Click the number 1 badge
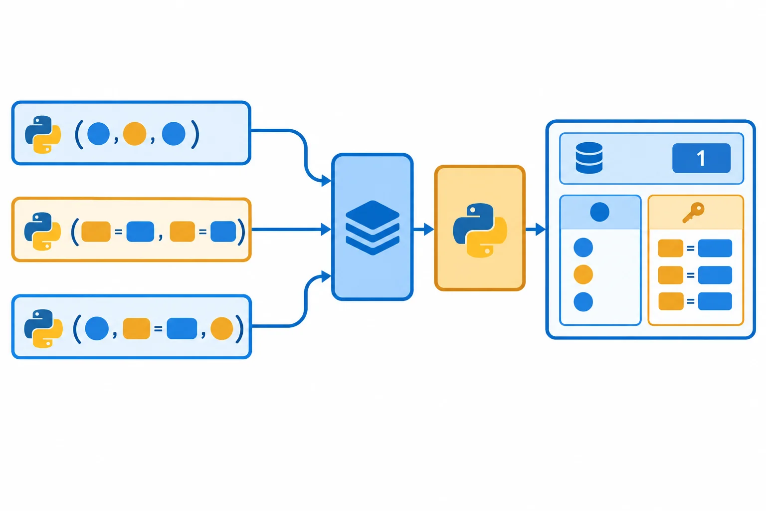point(701,158)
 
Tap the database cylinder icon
point(589,158)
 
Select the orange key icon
point(694,213)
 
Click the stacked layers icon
point(373,228)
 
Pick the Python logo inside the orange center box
point(480,230)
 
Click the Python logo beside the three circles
point(43,135)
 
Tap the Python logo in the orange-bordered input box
point(43,232)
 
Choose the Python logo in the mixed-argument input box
point(43,328)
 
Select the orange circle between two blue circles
point(135,134)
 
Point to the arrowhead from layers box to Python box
point(429,230)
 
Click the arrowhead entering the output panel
point(540,230)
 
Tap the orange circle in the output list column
point(583,274)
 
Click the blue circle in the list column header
point(599,212)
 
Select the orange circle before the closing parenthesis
point(221,328)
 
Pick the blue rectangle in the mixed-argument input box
point(182,328)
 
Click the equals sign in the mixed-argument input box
point(158,329)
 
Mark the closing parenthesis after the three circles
point(195,134)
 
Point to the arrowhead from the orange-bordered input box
point(326,230)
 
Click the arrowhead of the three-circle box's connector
point(326,180)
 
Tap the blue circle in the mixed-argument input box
point(97,328)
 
